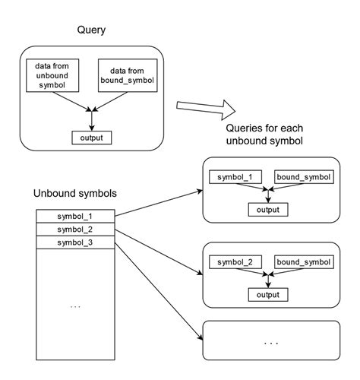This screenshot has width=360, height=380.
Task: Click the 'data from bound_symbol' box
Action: click(125, 76)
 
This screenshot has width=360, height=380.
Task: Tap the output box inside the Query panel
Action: click(91, 138)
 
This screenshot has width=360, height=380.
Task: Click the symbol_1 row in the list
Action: click(75, 215)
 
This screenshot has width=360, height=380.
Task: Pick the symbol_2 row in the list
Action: click(75, 229)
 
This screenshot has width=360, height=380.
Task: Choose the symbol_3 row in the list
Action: click(75, 242)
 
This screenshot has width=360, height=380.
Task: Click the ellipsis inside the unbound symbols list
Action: click(75, 306)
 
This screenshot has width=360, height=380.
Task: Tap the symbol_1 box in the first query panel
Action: click(235, 178)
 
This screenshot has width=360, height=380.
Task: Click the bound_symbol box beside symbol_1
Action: click(304, 178)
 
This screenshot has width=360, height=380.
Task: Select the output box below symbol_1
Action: click(267, 209)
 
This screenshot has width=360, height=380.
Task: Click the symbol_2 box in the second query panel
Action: click(235, 262)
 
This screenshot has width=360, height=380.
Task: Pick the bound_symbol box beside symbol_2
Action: click(304, 262)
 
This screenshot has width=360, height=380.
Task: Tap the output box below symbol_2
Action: click(267, 293)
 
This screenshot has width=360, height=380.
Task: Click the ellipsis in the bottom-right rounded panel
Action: click(270, 342)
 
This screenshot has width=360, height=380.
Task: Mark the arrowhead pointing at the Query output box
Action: click(91, 128)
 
